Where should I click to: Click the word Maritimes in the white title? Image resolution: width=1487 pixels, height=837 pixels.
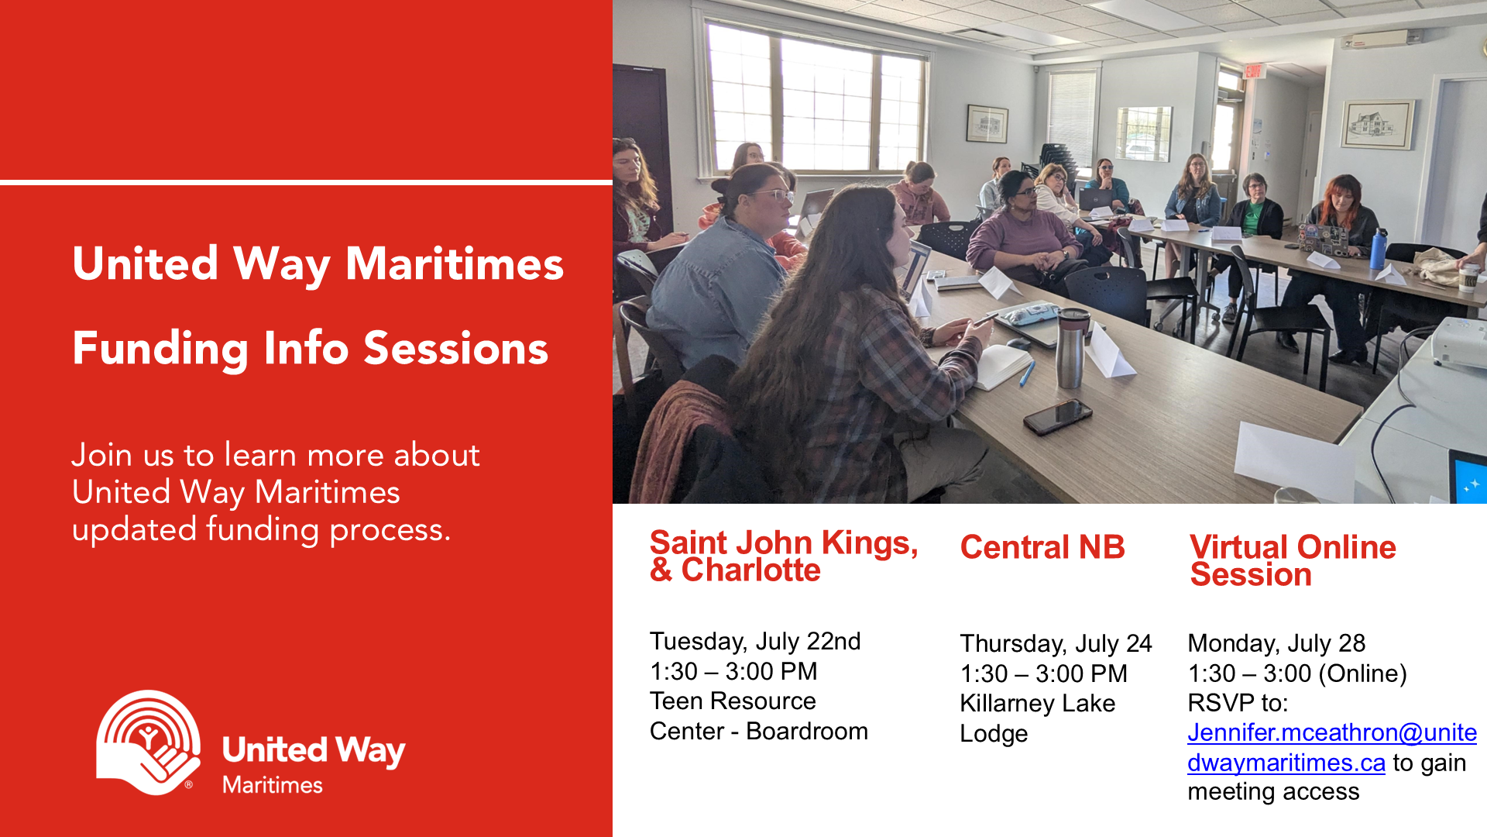[x=455, y=263]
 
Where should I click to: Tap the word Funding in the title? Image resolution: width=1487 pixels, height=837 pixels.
[x=160, y=349]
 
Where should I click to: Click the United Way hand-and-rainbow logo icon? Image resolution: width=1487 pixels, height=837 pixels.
[x=149, y=742]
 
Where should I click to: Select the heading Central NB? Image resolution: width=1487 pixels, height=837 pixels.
[x=1042, y=547]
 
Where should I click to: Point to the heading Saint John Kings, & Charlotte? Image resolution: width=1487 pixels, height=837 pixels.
[x=784, y=556]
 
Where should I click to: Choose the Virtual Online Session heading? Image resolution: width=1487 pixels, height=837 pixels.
[x=1293, y=560]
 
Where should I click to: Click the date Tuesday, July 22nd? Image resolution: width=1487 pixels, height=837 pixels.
[x=755, y=642]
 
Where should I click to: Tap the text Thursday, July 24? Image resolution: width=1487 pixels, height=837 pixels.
[x=1056, y=644]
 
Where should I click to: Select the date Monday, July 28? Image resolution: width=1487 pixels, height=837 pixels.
[x=1276, y=643]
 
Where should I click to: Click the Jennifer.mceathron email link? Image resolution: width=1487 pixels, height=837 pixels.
[x=1331, y=748]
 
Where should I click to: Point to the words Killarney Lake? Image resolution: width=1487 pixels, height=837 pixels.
[x=1038, y=703]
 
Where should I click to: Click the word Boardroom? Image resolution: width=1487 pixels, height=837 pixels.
[x=807, y=731]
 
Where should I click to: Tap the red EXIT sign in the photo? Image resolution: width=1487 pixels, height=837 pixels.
[x=1254, y=71]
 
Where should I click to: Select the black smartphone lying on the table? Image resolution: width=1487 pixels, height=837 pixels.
[x=1058, y=416]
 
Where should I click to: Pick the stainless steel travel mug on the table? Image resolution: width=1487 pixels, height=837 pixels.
[x=1072, y=347]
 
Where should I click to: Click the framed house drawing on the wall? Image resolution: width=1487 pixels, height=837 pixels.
[x=1378, y=124]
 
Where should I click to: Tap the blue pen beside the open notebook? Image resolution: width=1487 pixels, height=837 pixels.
[x=1027, y=374]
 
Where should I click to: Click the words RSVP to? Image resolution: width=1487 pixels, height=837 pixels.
[x=1238, y=703]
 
